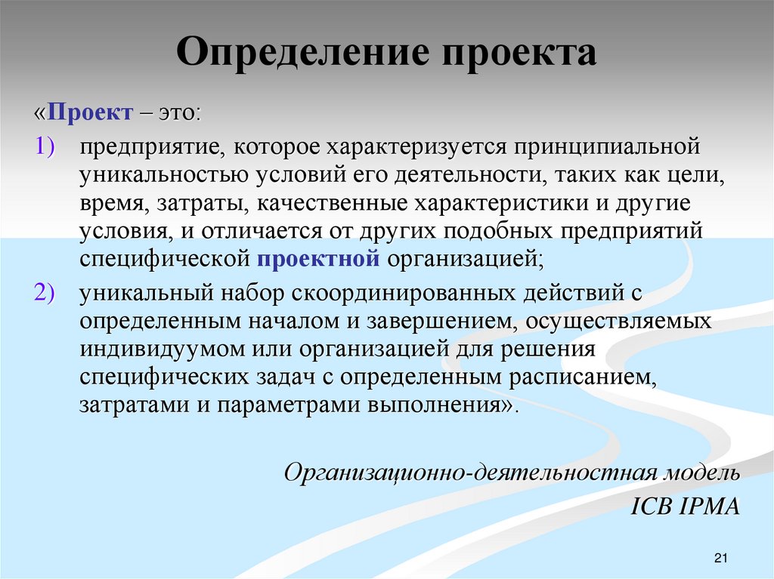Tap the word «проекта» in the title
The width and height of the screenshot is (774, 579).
point(515,55)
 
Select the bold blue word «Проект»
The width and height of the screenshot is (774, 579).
point(88,112)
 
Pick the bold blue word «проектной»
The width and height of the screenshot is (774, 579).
point(317,259)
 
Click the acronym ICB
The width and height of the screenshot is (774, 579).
point(648,506)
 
